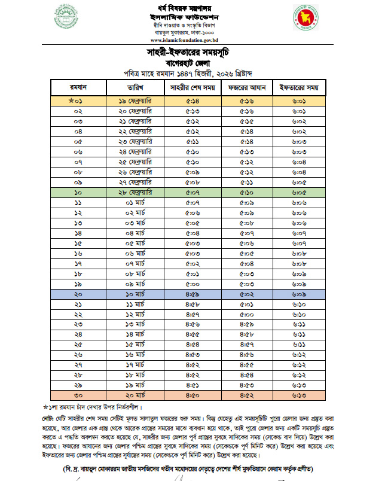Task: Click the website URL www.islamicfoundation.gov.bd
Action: coord(192,39)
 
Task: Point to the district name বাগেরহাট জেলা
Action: coord(194,62)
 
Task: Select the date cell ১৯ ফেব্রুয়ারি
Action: coord(135,102)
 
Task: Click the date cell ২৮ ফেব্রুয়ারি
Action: coord(135,193)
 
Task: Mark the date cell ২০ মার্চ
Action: coord(135,395)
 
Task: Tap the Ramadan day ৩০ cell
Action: coord(78,395)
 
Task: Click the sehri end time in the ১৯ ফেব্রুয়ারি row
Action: coord(193,102)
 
